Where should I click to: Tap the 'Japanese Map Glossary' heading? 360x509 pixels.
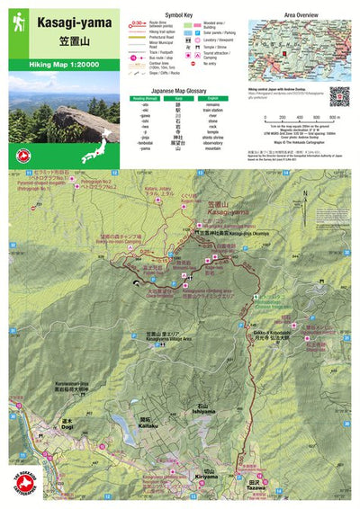click(181, 89)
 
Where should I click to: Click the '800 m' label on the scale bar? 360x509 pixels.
click(334, 117)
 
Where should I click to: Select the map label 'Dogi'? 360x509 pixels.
click(67, 425)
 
